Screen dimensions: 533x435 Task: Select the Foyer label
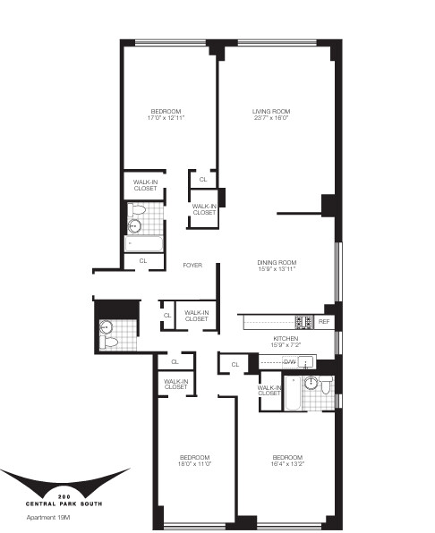[x=192, y=266]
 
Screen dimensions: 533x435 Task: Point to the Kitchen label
[x=286, y=340]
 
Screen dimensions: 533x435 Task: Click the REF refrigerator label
[x=324, y=321]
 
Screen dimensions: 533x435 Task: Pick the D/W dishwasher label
[x=290, y=361]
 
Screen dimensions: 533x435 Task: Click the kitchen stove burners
[x=303, y=321]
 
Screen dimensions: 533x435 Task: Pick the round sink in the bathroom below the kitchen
[x=311, y=385]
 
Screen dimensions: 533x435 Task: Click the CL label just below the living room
[x=203, y=180]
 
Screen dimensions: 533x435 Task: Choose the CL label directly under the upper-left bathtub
[x=143, y=260]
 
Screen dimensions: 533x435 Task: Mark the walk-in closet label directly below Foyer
[x=196, y=316]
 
